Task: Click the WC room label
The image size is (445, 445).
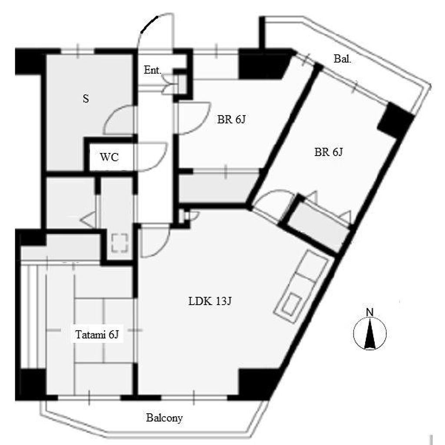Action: click(x=109, y=157)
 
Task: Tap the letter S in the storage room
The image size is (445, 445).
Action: click(x=86, y=99)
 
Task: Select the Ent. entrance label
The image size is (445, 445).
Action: click(x=153, y=70)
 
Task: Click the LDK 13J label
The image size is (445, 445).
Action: click(x=210, y=301)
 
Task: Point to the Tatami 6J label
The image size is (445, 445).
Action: click(x=97, y=335)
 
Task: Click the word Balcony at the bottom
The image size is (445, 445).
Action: click(x=164, y=418)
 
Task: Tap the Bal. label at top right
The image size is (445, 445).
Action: click(x=342, y=59)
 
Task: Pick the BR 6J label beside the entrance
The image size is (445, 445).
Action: click(x=231, y=120)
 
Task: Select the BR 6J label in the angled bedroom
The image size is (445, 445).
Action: click(x=329, y=152)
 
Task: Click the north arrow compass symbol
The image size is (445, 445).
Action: click(x=370, y=334)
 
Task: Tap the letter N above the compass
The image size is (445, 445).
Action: click(x=369, y=312)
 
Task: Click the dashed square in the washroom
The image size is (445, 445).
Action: click(x=120, y=243)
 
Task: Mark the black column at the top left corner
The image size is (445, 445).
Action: click(x=30, y=62)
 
